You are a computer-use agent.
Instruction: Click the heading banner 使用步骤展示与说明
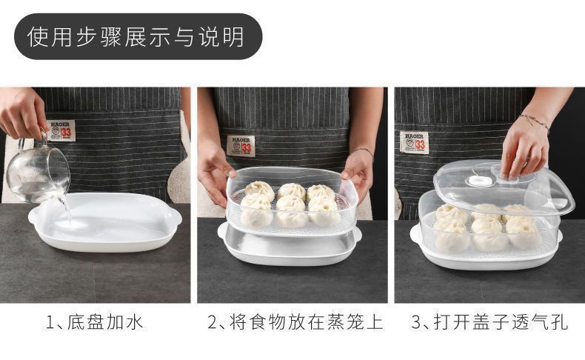point(138,36)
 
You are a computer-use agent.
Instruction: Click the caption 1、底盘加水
point(95,323)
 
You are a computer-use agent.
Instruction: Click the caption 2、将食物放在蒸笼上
point(294,323)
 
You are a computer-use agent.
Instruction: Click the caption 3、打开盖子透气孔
point(489,323)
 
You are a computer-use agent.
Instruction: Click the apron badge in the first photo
point(61,131)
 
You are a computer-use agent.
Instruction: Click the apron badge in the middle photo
point(241,144)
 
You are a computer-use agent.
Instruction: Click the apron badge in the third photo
point(415,141)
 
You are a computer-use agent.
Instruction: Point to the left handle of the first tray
point(34,216)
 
